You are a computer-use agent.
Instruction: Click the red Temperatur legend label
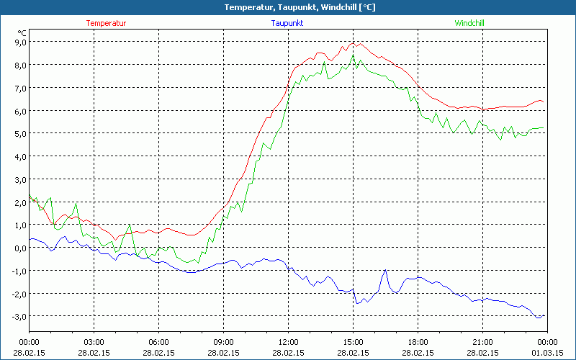tap(106, 23)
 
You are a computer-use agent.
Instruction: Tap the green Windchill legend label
tap(469, 23)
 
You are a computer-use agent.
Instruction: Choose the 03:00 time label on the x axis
tap(94, 341)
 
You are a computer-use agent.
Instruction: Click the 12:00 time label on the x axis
tap(288, 341)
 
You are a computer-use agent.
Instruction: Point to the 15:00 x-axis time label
tap(353, 341)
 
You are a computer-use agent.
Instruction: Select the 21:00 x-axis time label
tap(482, 341)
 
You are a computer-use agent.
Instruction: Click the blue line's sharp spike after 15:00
tap(385, 270)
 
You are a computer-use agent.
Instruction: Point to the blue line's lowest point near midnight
tap(539, 318)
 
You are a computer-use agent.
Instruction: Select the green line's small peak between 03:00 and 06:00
tap(130, 225)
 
